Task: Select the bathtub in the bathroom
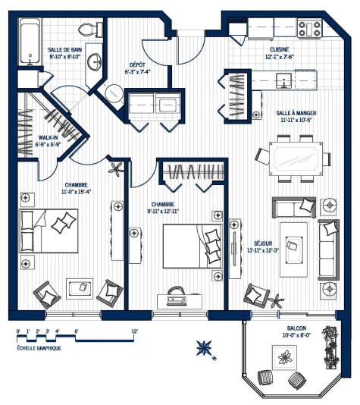[30, 43]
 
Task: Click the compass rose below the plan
[204, 348]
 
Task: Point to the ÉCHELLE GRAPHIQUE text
[39, 347]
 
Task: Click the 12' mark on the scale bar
[134, 331]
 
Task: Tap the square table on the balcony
[287, 356]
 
